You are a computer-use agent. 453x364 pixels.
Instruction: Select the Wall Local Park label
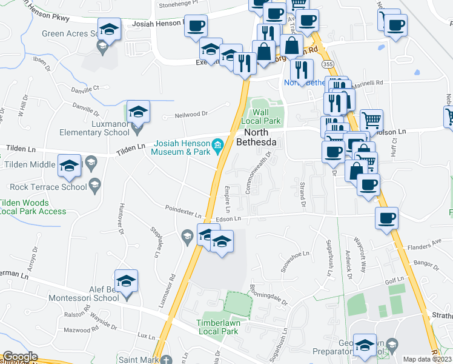tap(260, 116)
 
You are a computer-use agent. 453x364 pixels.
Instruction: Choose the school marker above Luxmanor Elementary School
tap(138, 112)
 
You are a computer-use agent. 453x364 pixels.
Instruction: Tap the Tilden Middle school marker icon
tap(69, 165)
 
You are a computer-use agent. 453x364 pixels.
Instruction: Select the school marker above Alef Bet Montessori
tap(127, 281)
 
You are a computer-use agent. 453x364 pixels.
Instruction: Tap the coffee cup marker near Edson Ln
tap(386, 218)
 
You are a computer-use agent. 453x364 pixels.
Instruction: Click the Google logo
tap(20, 357)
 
